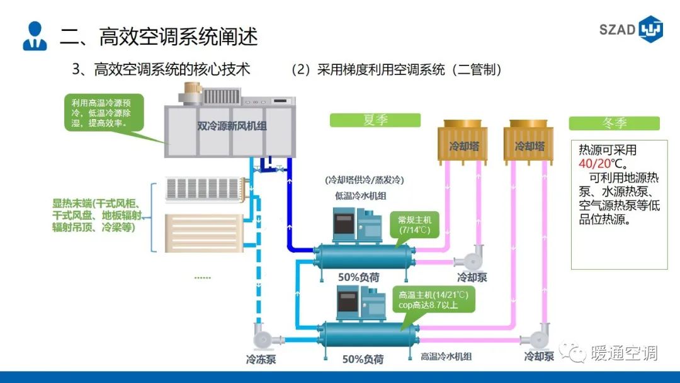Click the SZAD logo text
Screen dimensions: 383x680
click(x=618, y=30)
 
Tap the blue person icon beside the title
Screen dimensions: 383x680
click(x=35, y=36)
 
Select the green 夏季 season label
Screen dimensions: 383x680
click(x=375, y=120)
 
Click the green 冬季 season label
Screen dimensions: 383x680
click(x=614, y=123)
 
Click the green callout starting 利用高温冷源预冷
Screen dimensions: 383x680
click(x=104, y=112)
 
